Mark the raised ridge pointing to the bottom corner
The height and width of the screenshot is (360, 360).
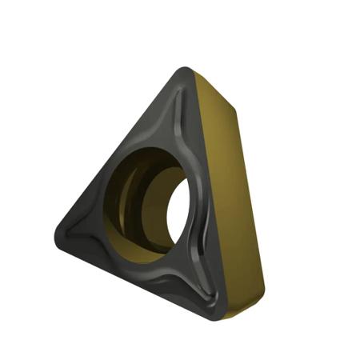196,288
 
